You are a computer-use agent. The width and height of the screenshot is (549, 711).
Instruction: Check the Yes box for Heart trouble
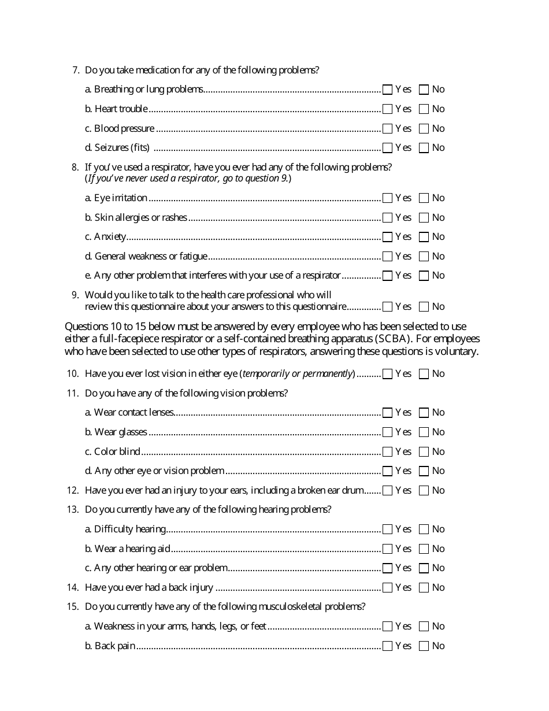tap(388, 109)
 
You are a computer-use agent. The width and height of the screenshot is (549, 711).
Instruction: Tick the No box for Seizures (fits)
tap(424, 148)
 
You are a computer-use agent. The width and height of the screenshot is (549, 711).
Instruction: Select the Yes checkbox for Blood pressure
tap(388, 128)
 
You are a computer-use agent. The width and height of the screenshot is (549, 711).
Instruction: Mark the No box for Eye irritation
tap(424, 198)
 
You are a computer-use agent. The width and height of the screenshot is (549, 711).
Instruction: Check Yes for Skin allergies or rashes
tap(388, 218)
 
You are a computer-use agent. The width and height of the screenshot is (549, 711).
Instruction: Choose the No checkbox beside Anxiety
tap(424, 237)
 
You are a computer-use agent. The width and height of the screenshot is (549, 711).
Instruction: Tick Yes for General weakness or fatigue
tap(388, 257)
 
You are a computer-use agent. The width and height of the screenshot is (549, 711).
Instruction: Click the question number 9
tap(75, 295)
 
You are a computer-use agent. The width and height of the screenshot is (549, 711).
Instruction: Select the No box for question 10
tap(424, 374)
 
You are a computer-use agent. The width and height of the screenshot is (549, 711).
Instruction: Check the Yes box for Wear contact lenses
tap(388, 413)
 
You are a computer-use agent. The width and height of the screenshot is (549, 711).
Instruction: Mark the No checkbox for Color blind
tap(424, 452)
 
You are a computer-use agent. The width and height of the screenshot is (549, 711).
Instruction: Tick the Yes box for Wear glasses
tap(388, 432)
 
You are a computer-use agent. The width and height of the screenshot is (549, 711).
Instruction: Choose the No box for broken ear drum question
tap(424, 491)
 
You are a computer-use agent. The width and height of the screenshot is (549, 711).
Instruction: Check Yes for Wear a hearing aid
tap(388, 549)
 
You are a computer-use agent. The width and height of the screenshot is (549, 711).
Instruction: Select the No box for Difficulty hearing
tap(424, 529)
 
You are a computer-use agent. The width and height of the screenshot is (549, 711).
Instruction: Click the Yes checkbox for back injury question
tap(388, 588)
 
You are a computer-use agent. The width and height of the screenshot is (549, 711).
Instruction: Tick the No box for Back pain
tap(424, 646)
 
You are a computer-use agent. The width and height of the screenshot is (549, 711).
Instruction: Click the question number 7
tap(75, 70)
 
